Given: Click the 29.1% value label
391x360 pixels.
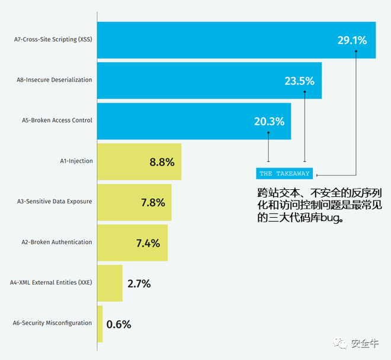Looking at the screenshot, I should [x=352, y=41].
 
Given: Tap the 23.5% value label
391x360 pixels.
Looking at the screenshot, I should [x=299, y=81].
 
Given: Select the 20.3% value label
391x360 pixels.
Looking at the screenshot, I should [x=269, y=122].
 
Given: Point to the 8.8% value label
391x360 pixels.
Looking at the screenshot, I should [x=162, y=162].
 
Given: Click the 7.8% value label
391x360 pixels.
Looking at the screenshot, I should [x=153, y=202].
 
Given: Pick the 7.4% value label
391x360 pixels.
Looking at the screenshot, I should [x=148, y=243].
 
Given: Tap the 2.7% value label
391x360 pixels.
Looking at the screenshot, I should [x=139, y=283].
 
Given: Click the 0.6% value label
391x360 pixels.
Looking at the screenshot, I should [x=118, y=324].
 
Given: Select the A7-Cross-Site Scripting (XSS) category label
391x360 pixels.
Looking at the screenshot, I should [x=53, y=40].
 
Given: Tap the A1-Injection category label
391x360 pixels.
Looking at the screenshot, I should [x=76, y=161].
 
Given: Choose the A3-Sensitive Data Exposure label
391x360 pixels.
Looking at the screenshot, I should [x=55, y=202].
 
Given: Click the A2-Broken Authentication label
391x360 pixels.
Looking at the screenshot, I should [x=57, y=242].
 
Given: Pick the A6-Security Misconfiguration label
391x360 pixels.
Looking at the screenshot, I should [x=53, y=323].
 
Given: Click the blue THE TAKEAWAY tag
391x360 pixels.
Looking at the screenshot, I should [x=284, y=174].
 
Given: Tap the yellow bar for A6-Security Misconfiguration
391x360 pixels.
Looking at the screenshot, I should [x=100, y=324].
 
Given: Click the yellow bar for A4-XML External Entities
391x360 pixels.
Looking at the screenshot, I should [x=110, y=283].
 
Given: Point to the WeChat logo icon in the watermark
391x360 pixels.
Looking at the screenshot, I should [x=340, y=343].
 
